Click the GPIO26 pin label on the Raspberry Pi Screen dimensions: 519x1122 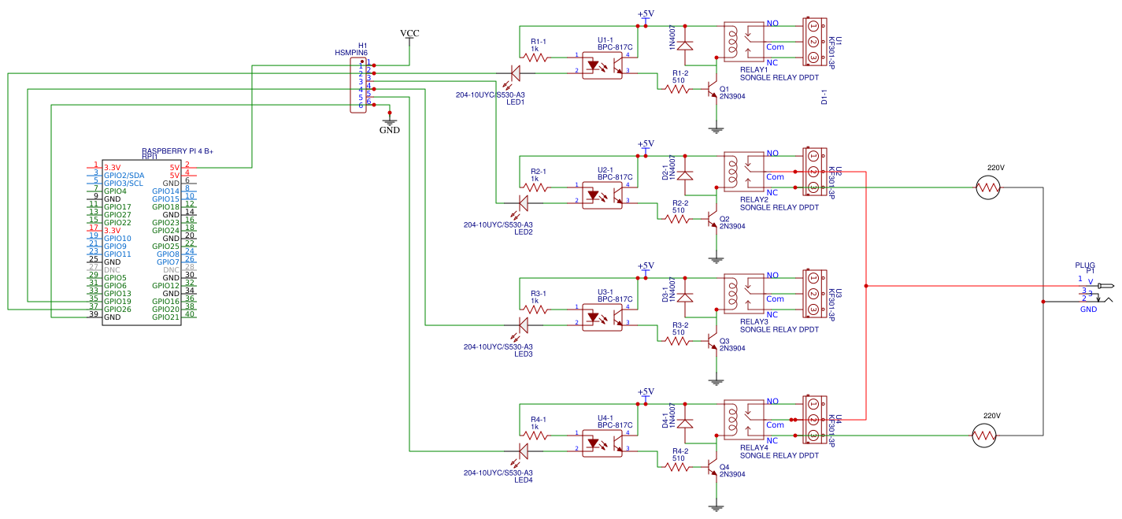pyautogui.click(x=117, y=309)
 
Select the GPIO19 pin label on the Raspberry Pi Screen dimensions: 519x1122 pyautogui.click(x=117, y=301)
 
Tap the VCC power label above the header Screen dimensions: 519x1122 pyautogui.click(x=409, y=33)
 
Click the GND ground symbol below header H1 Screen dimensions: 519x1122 pyautogui.click(x=389, y=124)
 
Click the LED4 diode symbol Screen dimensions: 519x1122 pyautogui.click(x=523, y=451)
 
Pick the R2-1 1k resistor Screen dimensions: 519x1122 pyautogui.click(x=538, y=187)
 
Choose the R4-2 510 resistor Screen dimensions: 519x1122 pyautogui.click(x=678, y=467)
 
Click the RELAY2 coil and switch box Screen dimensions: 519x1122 pyautogui.click(x=743, y=171)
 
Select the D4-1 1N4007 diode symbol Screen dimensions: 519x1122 pyautogui.click(x=686, y=424)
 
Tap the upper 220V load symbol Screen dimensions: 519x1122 pyautogui.click(x=987, y=187)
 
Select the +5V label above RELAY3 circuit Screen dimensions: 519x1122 pyautogui.click(x=646, y=266)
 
